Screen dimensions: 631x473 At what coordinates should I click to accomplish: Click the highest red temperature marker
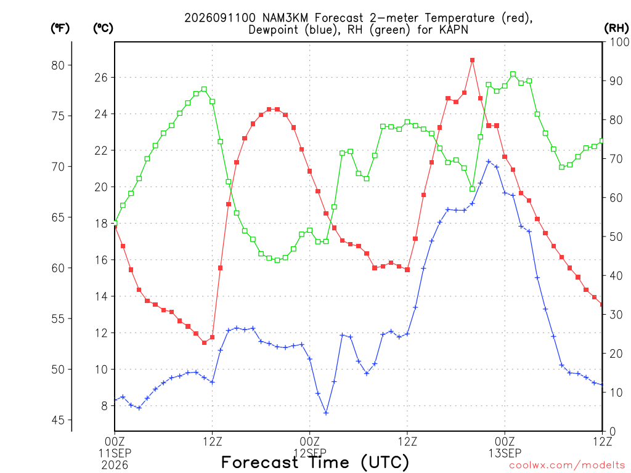pyautogui.click(x=472, y=60)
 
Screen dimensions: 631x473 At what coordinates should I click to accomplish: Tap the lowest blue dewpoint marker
pyautogui.click(x=326, y=413)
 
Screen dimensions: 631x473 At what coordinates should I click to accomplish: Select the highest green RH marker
pyautogui.click(x=513, y=74)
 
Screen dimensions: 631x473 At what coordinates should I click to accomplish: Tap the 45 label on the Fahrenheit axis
pyautogui.click(x=58, y=420)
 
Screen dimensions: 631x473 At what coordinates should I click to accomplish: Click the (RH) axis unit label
pyautogui.click(x=616, y=28)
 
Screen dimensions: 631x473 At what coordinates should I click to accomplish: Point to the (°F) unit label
pyautogui.click(x=60, y=28)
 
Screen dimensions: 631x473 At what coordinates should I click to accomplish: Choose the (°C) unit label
pyautogui.click(x=103, y=28)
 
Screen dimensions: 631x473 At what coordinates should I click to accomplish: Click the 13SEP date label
pyautogui.click(x=505, y=453)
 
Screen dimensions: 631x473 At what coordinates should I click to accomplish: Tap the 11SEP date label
pyautogui.click(x=115, y=453)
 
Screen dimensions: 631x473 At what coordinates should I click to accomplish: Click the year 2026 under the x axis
pyautogui.click(x=115, y=466)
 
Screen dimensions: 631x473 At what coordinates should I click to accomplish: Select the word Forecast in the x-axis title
pyautogui.click(x=259, y=463)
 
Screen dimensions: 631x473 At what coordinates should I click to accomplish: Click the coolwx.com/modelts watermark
pyautogui.click(x=567, y=466)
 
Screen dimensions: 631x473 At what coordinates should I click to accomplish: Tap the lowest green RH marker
pyautogui.click(x=277, y=261)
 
